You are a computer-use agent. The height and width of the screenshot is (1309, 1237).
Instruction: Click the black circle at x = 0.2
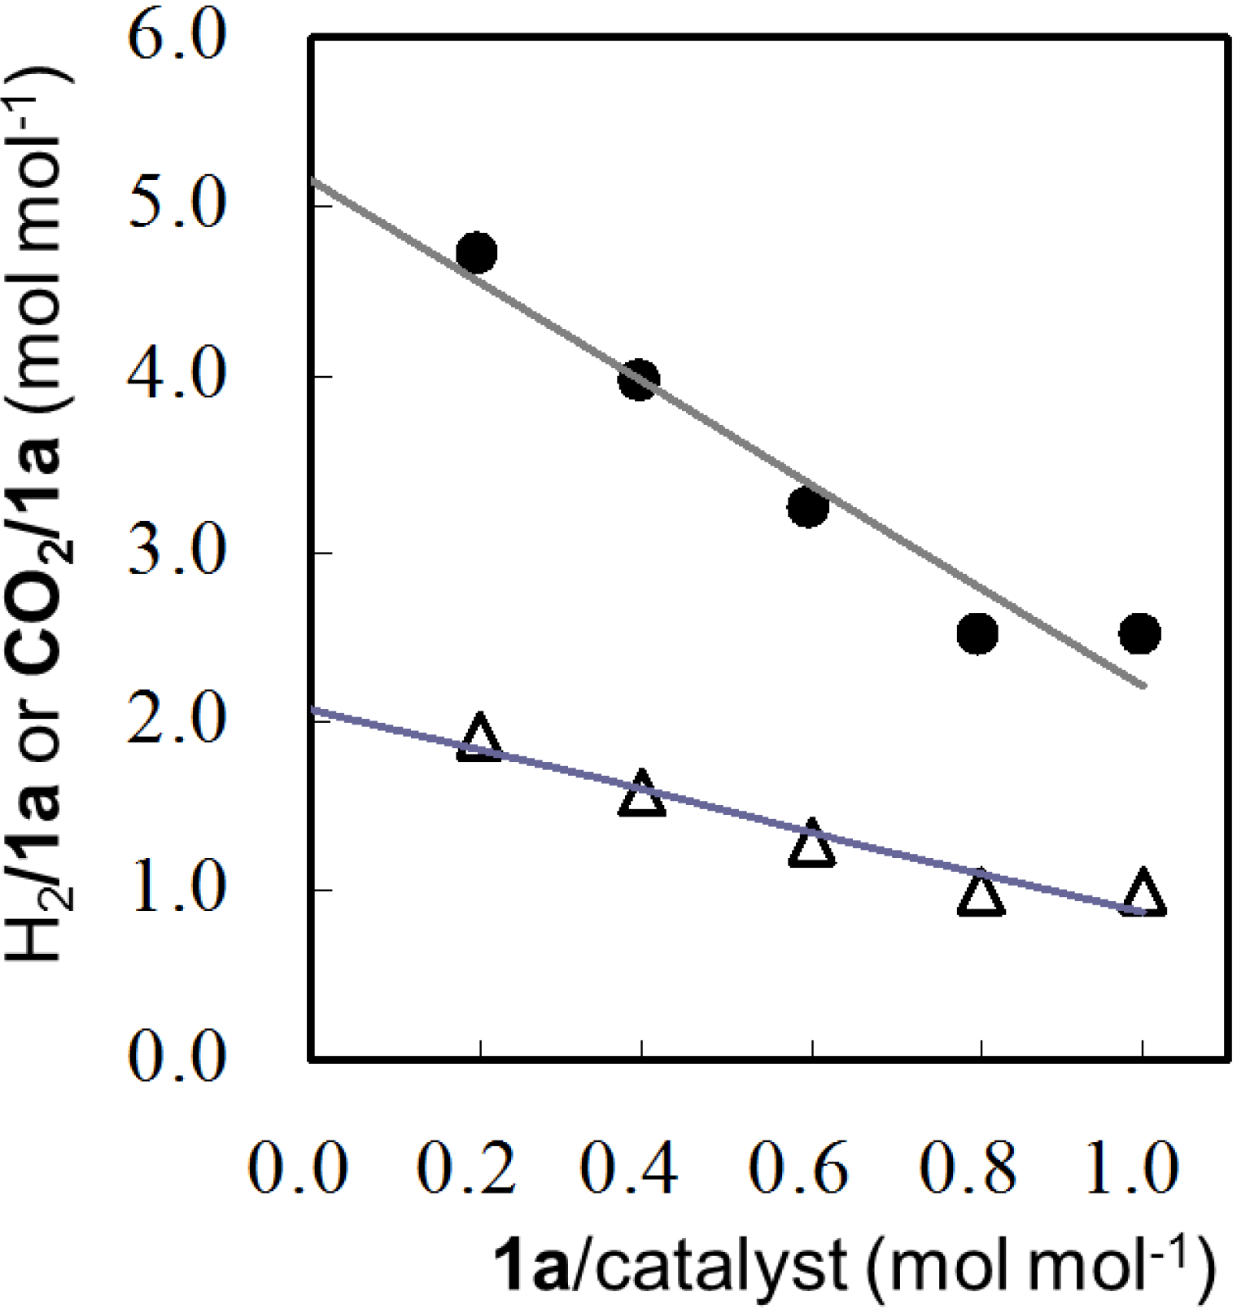click(477, 253)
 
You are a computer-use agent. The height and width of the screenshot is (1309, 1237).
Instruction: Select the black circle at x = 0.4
click(639, 379)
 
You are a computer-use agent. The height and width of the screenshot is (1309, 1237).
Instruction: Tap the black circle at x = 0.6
click(808, 507)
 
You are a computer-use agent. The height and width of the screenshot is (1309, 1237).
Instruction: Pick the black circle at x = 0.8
click(977, 633)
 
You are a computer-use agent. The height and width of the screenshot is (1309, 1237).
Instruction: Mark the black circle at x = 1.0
click(1139, 633)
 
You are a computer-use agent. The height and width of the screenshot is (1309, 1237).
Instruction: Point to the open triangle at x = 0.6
click(811, 846)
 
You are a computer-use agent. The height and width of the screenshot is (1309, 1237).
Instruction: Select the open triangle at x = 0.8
click(981, 895)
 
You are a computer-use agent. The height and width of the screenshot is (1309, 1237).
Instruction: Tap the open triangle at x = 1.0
click(1143, 895)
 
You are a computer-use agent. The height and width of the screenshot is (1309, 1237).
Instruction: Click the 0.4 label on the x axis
click(631, 1169)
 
